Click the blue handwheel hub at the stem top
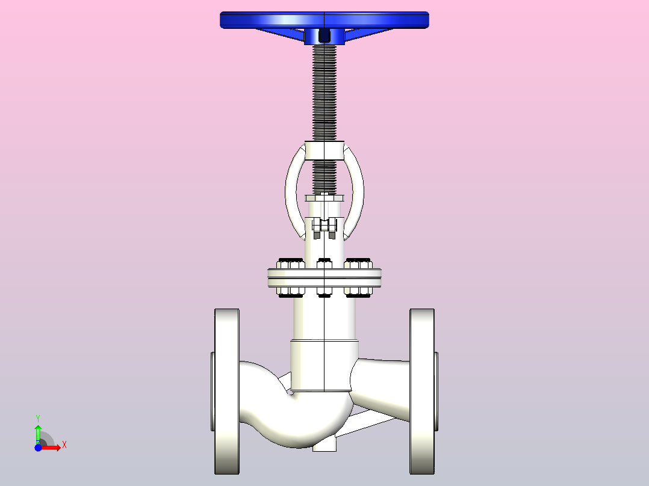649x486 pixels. (x=324, y=37)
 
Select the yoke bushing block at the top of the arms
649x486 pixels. (x=324, y=150)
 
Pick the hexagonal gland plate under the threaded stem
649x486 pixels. (x=324, y=198)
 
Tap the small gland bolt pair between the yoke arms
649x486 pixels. (x=324, y=227)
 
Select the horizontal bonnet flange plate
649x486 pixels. (x=324, y=277)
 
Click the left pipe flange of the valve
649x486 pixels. (x=227, y=391)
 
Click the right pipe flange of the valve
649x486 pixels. (x=422, y=391)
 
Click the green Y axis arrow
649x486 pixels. (x=38, y=432)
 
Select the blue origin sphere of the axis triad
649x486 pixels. (x=38, y=448)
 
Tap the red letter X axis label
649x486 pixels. (x=64, y=445)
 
